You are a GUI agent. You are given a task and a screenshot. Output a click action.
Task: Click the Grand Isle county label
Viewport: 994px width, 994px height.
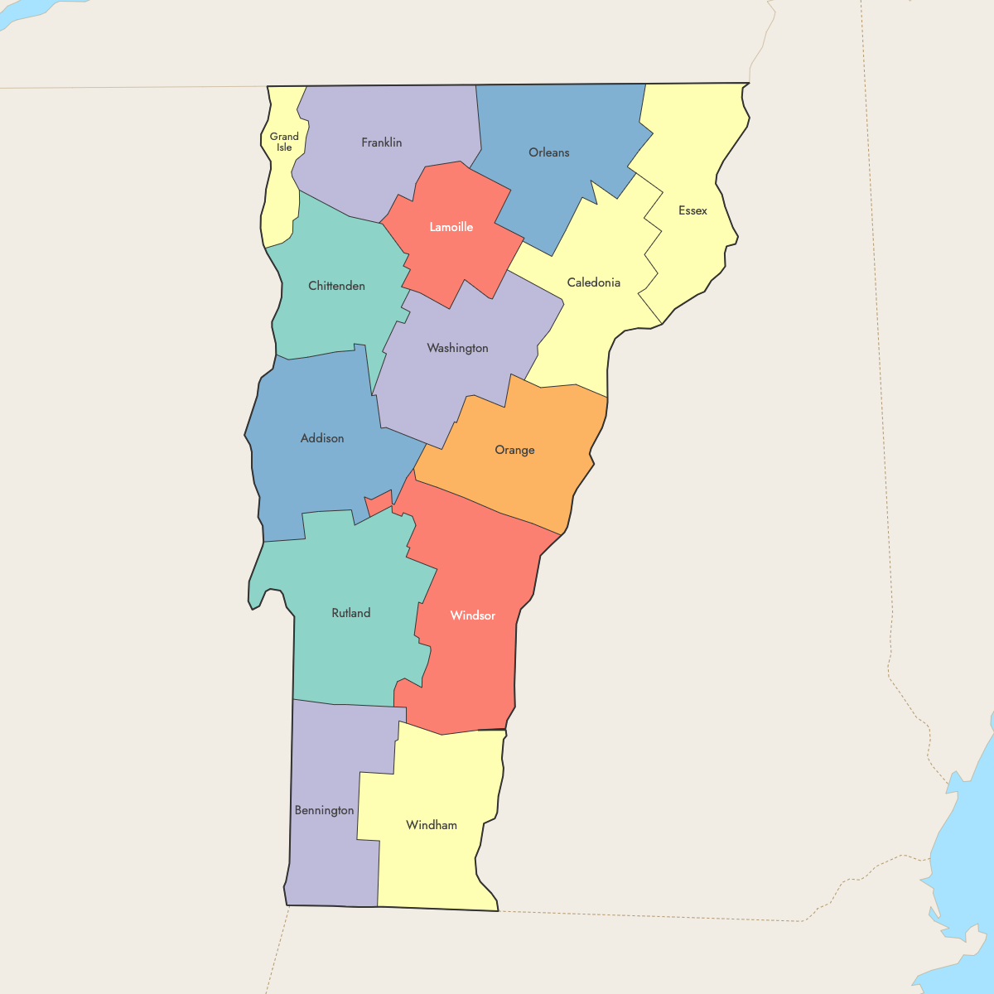click(x=284, y=142)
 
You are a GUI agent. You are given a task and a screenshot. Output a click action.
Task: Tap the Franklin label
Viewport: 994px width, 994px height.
click(x=382, y=142)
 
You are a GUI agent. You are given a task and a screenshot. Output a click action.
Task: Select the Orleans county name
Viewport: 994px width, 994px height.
click(x=549, y=152)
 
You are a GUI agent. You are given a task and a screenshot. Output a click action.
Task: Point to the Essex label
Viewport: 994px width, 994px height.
click(x=692, y=210)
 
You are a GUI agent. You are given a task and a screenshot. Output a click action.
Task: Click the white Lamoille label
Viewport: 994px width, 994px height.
click(x=451, y=227)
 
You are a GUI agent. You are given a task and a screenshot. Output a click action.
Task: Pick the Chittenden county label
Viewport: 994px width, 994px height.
click(x=336, y=286)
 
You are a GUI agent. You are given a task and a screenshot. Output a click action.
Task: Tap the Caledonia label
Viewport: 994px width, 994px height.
click(x=594, y=282)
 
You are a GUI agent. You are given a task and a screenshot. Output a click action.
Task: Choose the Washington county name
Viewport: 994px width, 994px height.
click(x=457, y=348)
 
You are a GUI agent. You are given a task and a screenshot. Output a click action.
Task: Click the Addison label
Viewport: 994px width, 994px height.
click(x=322, y=438)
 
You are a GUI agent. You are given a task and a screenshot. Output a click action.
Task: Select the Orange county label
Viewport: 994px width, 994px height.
click(x=514, y=450)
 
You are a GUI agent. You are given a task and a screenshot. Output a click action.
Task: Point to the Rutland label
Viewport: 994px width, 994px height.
click(x=351, y=613)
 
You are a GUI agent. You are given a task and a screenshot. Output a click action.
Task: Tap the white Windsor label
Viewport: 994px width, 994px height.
click(x=473, y=615)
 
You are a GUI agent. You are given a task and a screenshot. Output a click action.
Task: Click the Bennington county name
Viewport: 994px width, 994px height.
click(x=325, y=810)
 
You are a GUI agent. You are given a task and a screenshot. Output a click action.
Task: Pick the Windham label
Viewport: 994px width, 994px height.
click(x=432, y=825)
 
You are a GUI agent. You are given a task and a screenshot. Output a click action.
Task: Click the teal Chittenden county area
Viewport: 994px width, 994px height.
click(x=331, y=323)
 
